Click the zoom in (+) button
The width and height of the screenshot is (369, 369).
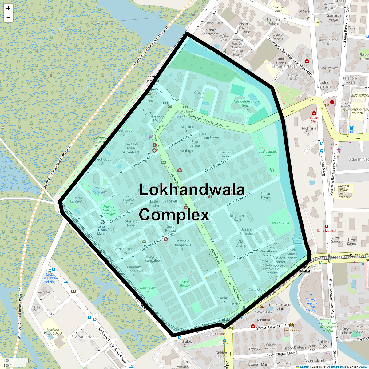pyautogui.click(x=8, y=8)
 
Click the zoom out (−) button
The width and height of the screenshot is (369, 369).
pyautogui.click(x=8, y=18)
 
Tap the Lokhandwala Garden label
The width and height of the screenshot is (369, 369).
pyautogui.click(x=268, y=153)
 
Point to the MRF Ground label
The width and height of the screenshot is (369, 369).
pyautogui.click(x=280, y=223)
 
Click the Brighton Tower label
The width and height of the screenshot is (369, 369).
pyautogui.click(x=237, y=218)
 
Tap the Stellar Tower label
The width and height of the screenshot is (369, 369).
pyautogui.click(x=265, y=196)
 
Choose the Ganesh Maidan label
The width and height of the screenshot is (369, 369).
pyautogui.click(x=184, y=284)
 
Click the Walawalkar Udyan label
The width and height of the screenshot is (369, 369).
pyautogui.click(x=148, y=289)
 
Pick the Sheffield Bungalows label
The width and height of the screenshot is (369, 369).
pyautogui.click(x=182, y=243)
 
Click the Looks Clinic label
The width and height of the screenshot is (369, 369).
pyautogui.click(x=314, y=119)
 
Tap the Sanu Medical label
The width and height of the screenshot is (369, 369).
pyautogui.click(x=327, y=230)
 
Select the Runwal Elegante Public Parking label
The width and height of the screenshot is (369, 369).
pyautogui.click(x=311, y=305)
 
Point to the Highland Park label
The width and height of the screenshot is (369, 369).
pyautogui.click(x=309, y=130)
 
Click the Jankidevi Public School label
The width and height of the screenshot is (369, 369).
pyautogui.click(x=53, y=331)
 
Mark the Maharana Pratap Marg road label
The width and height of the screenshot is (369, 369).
pyautogui.click(x=205, y=120)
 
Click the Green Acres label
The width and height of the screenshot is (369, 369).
pyautogui.click(x=199, y=94)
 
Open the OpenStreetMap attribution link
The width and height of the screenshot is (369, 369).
pyautogui.click(x=337, y=367)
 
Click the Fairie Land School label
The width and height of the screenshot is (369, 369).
pyautogui.click(x=279, y=9)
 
